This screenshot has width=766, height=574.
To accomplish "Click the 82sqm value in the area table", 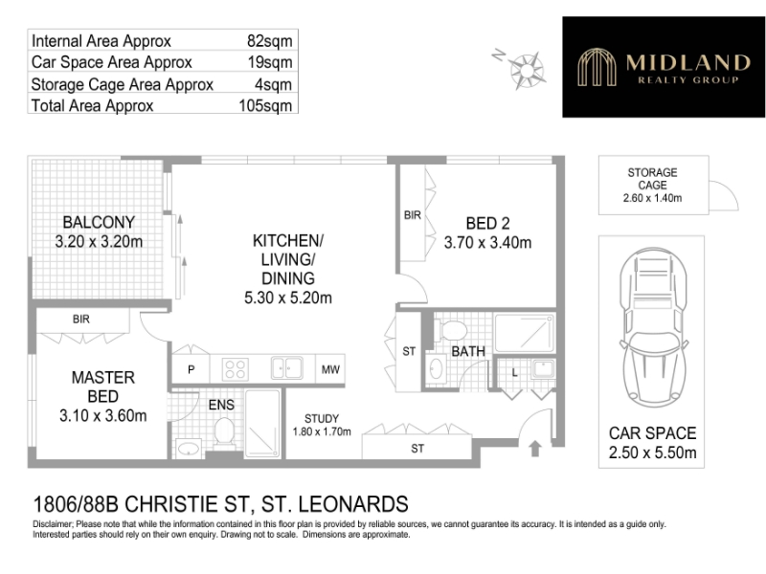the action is coord(270,41).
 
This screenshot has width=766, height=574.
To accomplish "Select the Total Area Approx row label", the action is coord(92,105).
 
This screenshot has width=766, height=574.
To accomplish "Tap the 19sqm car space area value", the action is coord(270,62).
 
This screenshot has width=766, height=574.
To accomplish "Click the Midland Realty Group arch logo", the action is coord(597,67).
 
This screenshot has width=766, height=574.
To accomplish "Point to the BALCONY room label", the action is coord(99,223).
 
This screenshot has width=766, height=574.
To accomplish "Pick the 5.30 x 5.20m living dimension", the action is coord(288,298).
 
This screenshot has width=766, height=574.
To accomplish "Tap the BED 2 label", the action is coord(487,224).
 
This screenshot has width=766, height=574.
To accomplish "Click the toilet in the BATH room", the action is coord(450,330).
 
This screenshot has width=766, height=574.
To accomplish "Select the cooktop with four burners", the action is coord(235,369).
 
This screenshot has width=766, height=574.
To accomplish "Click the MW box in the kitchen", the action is coord(330,369).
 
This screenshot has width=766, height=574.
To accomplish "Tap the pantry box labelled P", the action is coord(191,369).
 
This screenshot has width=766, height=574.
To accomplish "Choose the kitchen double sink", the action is coord(286,367).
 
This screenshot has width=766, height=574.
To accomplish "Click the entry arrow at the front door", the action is coord(535,449).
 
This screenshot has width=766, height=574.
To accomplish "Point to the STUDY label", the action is coord(322,418).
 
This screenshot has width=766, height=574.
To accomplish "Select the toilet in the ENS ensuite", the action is coord(224,433).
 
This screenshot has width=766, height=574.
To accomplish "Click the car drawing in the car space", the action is coord(654,324).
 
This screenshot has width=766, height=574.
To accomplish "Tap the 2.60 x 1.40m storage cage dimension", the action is coord(653,198).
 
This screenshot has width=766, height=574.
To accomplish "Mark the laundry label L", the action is coord(514,373).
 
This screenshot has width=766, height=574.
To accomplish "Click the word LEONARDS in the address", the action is coord(352,504).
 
